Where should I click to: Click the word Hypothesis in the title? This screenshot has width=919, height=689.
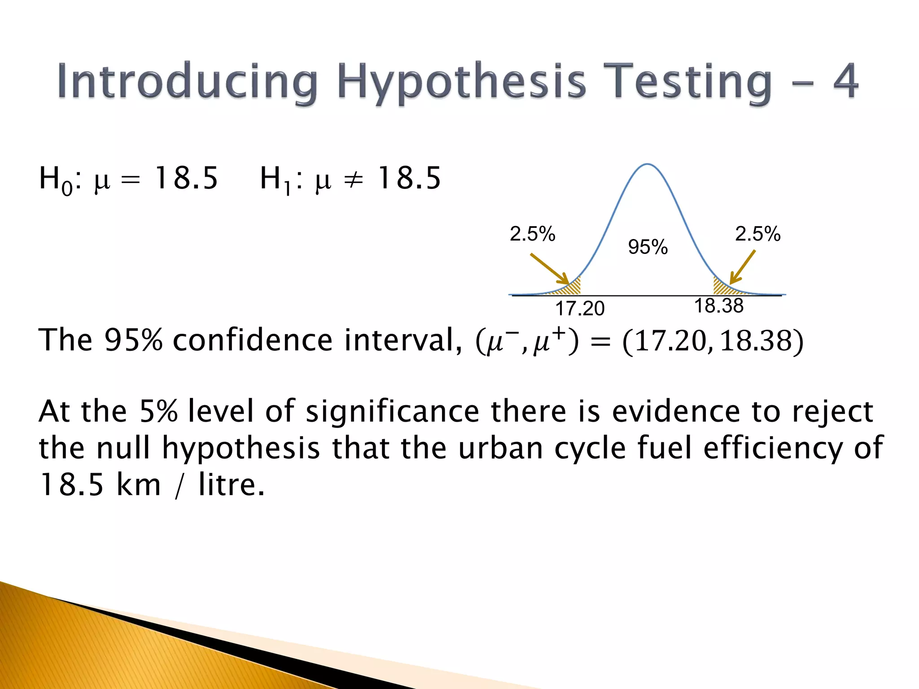461,82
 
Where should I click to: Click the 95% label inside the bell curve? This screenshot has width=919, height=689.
648,247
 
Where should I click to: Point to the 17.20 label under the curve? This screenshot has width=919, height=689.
580,309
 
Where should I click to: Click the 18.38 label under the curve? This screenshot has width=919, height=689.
719,306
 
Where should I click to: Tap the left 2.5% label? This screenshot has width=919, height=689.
532,234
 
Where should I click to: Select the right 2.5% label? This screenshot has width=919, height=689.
757,234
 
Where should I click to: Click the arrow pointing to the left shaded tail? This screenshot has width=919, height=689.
549,269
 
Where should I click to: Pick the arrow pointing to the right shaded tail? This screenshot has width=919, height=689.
743,267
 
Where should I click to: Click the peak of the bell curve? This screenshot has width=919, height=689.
648,165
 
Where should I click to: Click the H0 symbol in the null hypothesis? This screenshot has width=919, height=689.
55,179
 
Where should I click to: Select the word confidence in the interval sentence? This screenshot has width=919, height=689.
253,340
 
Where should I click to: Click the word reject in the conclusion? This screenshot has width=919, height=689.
832,412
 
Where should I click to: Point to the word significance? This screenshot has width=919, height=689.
393,412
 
